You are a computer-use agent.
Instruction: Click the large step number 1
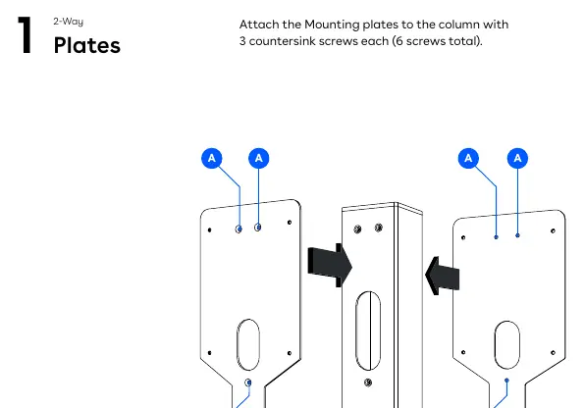pyautogui.click(x=25, y=35)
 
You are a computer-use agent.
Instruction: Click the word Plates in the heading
pyautogui.click(x=87, y=45)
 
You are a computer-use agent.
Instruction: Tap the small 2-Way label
pyautogui.click(x=68, y=22)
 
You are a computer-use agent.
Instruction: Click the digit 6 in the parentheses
pyautogui.click(x=398, y=41)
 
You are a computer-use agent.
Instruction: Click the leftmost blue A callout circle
pyautogui.click(x=212, y=158)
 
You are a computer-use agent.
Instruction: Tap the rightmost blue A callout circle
pyautogui.click(x=517, y=158)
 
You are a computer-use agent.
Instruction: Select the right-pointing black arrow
pyautogui.click(x=330, y=266)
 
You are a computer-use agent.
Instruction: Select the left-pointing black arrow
pyautogui.click(x=442, y=276)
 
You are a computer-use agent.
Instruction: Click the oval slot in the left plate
pyautogui.click(x=248, y=344)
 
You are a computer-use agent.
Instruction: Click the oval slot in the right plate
pyautogui.click(x=506, y=345)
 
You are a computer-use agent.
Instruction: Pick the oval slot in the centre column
pyautogui.click(x=368, y=331)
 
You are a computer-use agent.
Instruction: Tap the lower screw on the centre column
pyautogui.click(x=368, y=382)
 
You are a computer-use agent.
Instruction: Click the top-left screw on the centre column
pyautogui.click(x=357, y=229)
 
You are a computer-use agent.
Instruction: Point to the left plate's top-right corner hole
pyautogui.click(x=290, y=223)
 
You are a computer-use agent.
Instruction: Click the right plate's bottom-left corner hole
pyautogui.click(x=463, y=352)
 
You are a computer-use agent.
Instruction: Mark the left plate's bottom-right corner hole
pyautogui.click(x=290, y=353)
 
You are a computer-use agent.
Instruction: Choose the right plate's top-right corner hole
pyautogui.click(x=553, y=230)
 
